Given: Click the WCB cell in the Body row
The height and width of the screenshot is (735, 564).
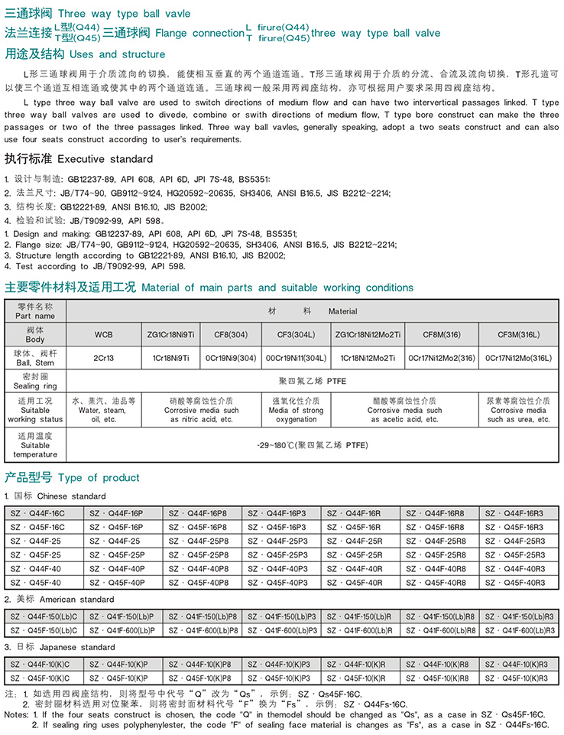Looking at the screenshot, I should pyautogui.click(x=103, y=334).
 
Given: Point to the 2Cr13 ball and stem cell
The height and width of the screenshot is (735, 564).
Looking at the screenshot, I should pyautogui.click(x=103, y=357).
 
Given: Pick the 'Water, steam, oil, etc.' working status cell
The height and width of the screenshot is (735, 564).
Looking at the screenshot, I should pyautogui.click(x=103, y=410).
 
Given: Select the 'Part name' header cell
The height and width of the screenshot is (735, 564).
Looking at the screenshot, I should pyautogui.click(x=35, y=311).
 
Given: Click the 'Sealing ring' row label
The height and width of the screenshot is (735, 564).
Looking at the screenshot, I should pyautogui.click(x=35, y=382).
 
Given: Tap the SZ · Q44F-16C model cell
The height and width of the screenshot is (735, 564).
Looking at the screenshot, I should pyautogui.click(x=43, y=514).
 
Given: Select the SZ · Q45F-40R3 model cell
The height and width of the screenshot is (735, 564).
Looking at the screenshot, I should pyautogui.click(x=519, y=582).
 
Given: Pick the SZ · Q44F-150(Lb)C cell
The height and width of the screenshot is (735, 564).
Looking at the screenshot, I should pyautogui.click(x=44, y=616).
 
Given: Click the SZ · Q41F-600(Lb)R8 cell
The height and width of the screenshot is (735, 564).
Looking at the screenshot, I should pyautogui.click(x=440, y=630).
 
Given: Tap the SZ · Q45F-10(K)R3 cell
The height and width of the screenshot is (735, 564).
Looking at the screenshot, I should pyautogui.click(x=519, y=678).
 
